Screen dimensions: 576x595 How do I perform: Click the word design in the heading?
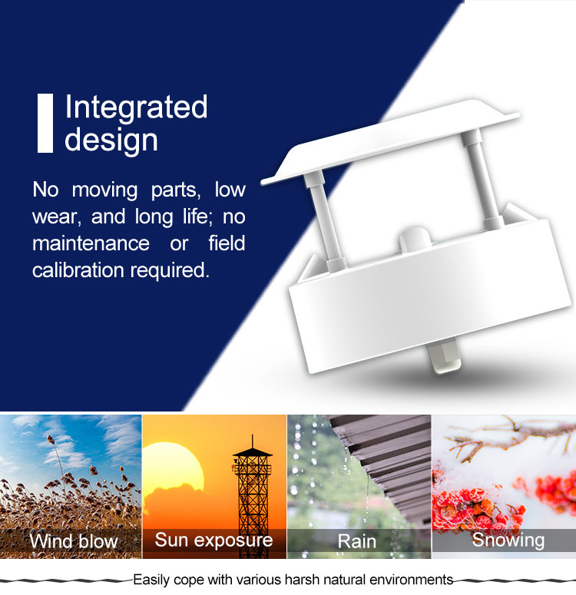point(111,140)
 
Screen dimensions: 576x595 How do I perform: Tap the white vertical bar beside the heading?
point(45,123)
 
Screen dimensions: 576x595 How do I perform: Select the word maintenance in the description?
point(91,243)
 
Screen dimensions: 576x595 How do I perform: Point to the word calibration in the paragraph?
point(78,270)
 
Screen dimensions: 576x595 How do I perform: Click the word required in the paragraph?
point(170,271)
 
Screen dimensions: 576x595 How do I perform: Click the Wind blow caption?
point(74,540)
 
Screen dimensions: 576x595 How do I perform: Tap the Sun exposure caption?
point(214,540)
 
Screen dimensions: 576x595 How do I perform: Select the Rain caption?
point(357,540)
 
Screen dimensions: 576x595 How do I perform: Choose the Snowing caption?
point(508,540)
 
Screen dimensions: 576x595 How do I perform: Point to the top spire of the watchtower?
point(252,441)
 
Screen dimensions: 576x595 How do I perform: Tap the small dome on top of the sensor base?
point(415,238)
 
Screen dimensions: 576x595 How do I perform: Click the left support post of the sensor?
point(325,220)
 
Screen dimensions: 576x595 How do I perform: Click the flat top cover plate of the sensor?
point(390,142)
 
